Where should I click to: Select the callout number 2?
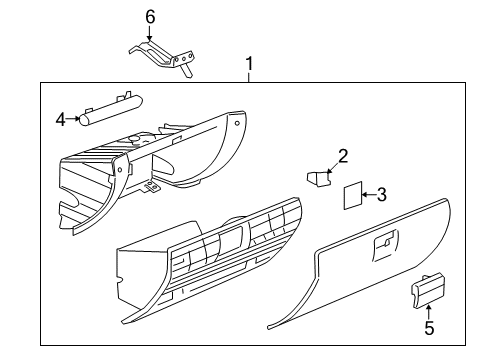(x=342, y=155)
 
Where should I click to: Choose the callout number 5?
(x=429, y=326)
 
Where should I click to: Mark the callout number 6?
(x=151, y=17)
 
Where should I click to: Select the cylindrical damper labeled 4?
(x=110, y=108)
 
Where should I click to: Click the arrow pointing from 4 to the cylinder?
(x=75, y=119)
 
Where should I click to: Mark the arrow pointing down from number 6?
(x=151, y=32)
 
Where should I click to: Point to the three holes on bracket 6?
(x=183, y=62)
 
